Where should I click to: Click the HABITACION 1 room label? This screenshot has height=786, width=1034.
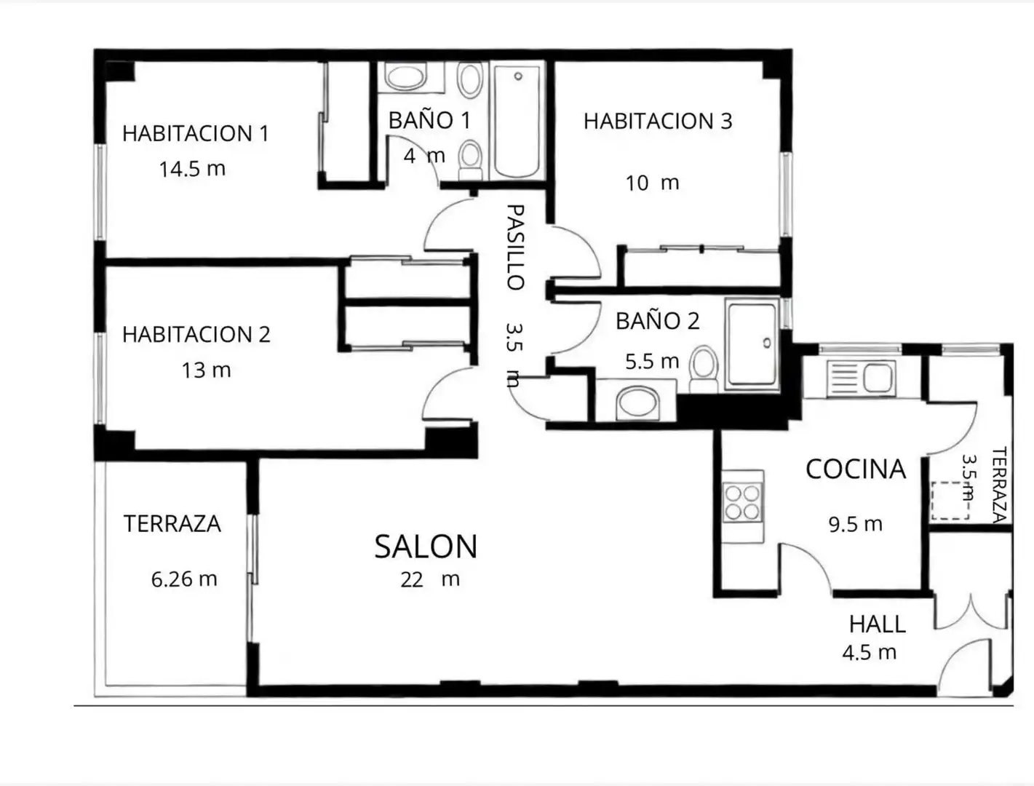click(x=196, y=133)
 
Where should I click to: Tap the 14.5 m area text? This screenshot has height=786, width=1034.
click(x=192, y=169)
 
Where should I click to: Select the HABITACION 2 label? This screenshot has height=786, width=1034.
click(x=196, y=334)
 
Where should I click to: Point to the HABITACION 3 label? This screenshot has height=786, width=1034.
click(x=658, y=121)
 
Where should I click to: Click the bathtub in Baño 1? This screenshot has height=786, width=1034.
click(x=517, y=121)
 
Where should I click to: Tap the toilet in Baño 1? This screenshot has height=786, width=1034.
click(x=470, y=159)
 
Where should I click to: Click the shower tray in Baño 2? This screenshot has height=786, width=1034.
click(x=752, y=344)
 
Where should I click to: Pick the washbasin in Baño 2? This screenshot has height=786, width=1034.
click(x=637, y=403)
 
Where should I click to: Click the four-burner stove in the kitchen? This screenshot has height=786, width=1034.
click(x=742, y=502)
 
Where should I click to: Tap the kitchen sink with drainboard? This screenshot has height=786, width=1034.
click(x=862, y=378)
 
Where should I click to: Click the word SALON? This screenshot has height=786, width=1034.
click(x=426, y=547)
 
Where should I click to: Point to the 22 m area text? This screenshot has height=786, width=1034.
click(x=430, y=579)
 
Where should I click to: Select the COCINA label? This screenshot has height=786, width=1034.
click(x=856, y=469)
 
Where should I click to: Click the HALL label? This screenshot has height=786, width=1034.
click(x=877, y=624)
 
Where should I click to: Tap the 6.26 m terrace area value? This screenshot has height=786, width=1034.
click(x=184, y=579)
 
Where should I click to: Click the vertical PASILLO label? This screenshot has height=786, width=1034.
click(x=516, y=247)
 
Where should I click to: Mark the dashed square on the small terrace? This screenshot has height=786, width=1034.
click(x=950, y=501)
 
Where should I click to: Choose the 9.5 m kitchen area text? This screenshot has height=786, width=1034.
click(x=856, y=524)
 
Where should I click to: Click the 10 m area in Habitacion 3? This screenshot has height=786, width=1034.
click(x=653, y=183)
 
